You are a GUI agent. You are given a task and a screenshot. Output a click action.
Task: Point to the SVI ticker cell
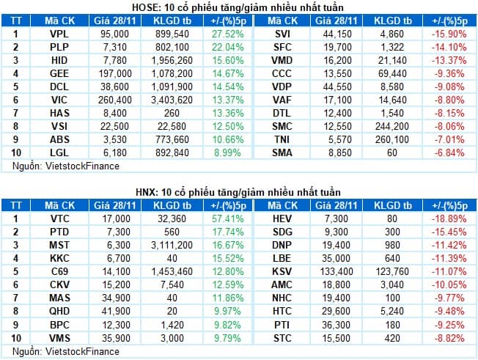281,33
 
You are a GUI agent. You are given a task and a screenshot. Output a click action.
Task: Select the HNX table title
239,191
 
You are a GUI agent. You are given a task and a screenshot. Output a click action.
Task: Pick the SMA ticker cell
281,152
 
